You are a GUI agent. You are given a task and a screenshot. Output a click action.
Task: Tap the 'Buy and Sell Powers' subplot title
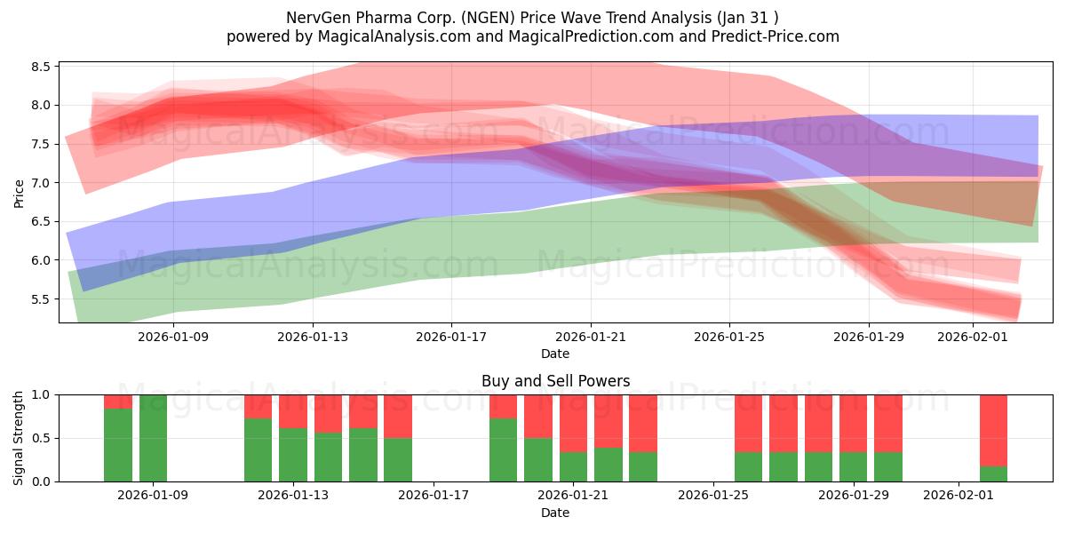point(555,381)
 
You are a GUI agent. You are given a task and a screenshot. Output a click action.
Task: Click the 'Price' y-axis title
point(20,193)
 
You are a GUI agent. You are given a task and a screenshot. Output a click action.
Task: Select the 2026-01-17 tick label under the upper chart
point(451,337)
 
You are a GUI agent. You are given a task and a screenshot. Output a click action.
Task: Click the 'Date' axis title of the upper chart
point(555,354)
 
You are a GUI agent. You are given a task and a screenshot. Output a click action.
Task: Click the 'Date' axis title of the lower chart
point(555,513)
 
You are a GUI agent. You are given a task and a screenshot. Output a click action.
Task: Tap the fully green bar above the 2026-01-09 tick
point(153,438)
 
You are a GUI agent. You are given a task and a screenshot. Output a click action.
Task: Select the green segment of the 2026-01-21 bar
point(573,466)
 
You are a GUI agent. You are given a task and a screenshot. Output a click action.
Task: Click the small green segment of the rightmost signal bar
point(993,473)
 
